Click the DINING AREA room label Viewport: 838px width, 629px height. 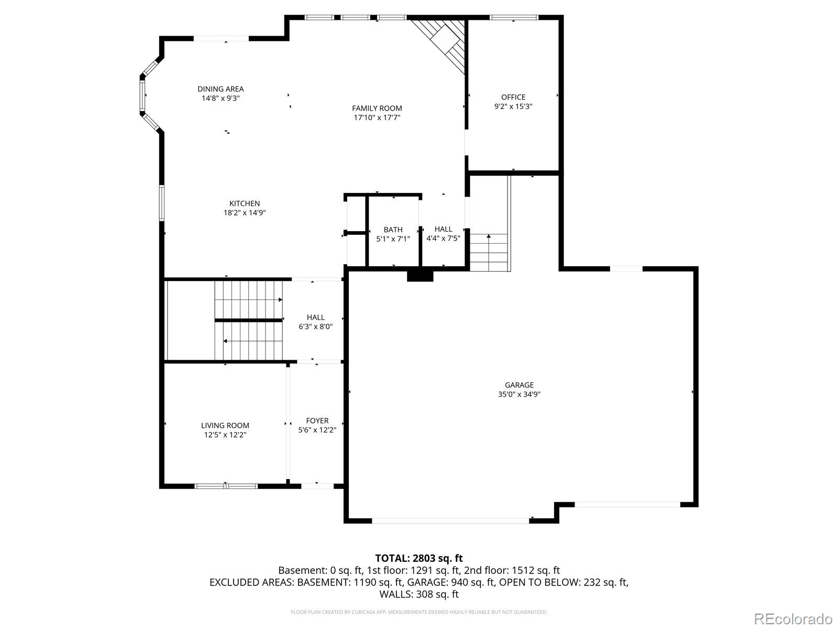[220, 89]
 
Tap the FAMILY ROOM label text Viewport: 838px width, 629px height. [377, 109]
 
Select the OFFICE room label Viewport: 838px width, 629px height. [513, 97]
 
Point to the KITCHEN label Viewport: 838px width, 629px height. [245, 203]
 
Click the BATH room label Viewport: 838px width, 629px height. [393, 230]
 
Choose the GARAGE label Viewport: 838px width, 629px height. [519, 385]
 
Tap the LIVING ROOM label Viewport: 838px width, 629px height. [225, 426]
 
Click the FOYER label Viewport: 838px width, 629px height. [317, 420]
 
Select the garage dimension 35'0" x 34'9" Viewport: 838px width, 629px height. [519, 395]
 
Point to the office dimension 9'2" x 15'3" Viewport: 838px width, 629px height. [513, 106]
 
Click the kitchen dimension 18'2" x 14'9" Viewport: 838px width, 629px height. [245, 213]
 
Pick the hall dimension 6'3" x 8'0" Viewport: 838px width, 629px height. [315, 327]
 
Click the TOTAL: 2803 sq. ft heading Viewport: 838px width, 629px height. [419, 558]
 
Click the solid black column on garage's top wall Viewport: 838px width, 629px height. [420, 276]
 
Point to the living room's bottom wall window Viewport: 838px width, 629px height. [226, 486]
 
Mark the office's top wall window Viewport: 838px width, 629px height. [514, 17]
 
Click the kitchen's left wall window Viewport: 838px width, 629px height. [161, 203]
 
